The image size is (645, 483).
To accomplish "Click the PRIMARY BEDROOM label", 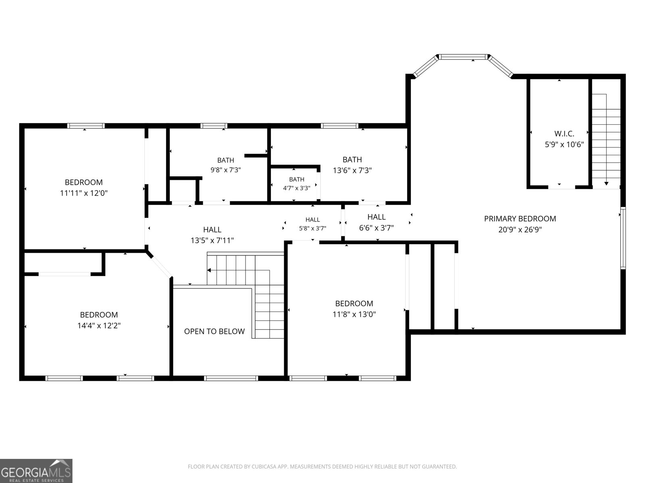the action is pyautogui.click(x=520, y=219).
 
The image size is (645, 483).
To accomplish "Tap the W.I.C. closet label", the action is pyautogui.click(x=564, y=134).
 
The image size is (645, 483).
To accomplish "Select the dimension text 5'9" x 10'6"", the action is pyautogui.click(x=564, y=144).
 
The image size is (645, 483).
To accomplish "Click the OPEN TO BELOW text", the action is pyautogui.click(x=214, y=331).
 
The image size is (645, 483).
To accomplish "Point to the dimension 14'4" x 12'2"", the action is pyautogui.click(x=99, y=326).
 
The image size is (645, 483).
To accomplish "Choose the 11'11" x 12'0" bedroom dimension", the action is pyautogui.click(x=84, y=193).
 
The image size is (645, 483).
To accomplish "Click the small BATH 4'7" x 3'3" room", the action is pyautogui.click(x=296, y=184).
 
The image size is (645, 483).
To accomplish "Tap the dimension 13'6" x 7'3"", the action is pyautogui.click(x=352, y=170).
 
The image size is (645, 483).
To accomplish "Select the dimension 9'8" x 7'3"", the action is pyautogui.click(x=226, y=170).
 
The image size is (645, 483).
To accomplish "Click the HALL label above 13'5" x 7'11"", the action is pyautogui.click(x=212, y=229).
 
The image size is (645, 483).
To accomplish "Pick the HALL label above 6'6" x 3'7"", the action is pyautogui.click(x=377, y=217).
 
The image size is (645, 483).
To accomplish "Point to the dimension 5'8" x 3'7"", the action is pyautogui.click(x=313, y=228).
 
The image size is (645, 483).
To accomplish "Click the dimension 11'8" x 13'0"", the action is pyautogui.click(x=354, y=314).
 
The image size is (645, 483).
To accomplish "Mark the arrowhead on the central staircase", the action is pyautogui.click(x=209, y=270).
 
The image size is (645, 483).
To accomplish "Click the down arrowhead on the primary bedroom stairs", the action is pyautogui.click(x=606, y=184).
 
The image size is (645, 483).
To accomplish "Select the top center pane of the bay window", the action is pyautogui.click(x=464, y=57).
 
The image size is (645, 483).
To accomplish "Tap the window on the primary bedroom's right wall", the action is pyautogui.click(x=623, y=238).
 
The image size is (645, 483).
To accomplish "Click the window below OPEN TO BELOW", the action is pyautogui.click(x=231, y=378).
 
